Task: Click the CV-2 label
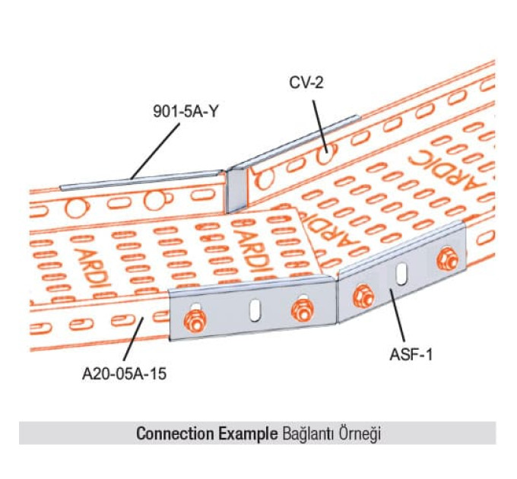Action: tap(306, 82)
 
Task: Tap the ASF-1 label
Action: tap(414, 353)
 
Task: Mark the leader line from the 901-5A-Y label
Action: tap(157, 148)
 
